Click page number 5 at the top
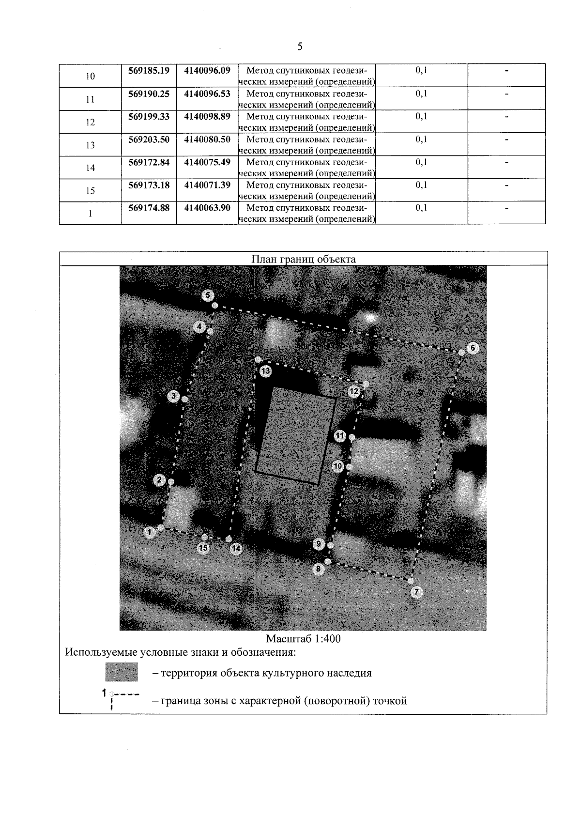(x=300, y=46)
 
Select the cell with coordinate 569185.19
(x=149, y=71)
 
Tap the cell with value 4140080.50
(x=207, y=139)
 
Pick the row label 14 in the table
(x=90, y=168)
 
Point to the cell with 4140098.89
(x=207, y=117)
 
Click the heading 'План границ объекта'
(x=303, y=259)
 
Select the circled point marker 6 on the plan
(x=473, y=348)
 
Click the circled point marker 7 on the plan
(x=416, y=592)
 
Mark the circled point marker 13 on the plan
(x=265, y=371)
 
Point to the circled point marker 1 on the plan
(x=150, y=532)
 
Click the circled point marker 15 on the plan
(x=203, y=548)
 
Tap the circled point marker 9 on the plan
(x=319, y=544)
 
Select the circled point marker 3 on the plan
(x=174, y=397)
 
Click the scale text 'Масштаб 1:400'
(x=303, y=639)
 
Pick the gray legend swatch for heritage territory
(x=122, y=672)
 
